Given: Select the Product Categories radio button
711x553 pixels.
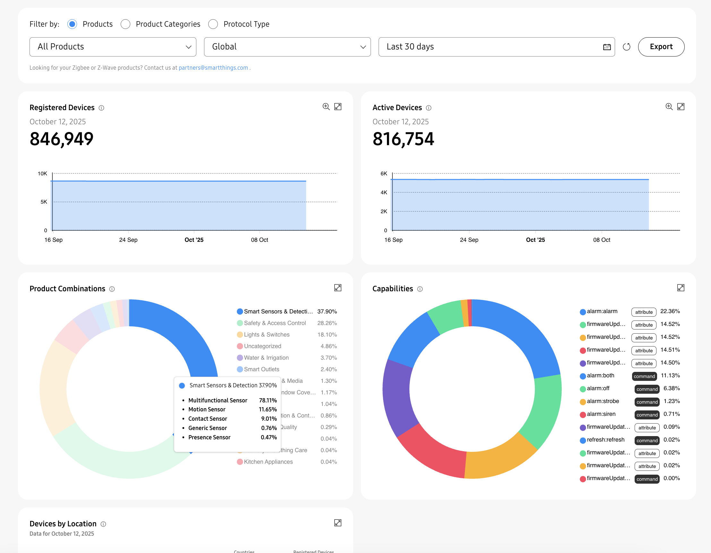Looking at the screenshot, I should [125, 24].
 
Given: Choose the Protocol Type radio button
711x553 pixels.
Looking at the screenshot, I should [213, 24].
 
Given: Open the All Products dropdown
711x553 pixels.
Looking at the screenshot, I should [113, 47].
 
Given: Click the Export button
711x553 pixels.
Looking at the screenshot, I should [661, 47].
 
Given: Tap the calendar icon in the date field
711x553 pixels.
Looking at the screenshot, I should [607, 47].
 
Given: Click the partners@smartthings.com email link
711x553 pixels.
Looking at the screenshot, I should [213, 68].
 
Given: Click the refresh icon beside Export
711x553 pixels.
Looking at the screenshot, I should [626, 47].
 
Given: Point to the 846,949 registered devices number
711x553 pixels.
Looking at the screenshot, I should [62, 139].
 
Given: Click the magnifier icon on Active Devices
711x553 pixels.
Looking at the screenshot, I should [669, 107].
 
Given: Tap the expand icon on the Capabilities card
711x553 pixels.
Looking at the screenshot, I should [681, 288].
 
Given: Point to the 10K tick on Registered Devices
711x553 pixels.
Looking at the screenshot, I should [42, 174].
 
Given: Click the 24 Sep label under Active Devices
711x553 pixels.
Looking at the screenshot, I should [469, 240].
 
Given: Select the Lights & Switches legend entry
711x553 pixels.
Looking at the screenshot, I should [267, 335].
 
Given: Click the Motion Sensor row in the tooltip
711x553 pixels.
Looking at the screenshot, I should [207, 409].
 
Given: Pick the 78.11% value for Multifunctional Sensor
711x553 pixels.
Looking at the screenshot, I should [268, 400].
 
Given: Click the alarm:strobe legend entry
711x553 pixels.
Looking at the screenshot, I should [603, 401].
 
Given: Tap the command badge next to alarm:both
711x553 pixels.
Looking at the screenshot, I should [644, 376].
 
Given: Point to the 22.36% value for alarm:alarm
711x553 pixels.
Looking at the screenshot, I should [670, 311].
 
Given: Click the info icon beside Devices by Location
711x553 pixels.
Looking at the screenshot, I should [103, 524].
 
